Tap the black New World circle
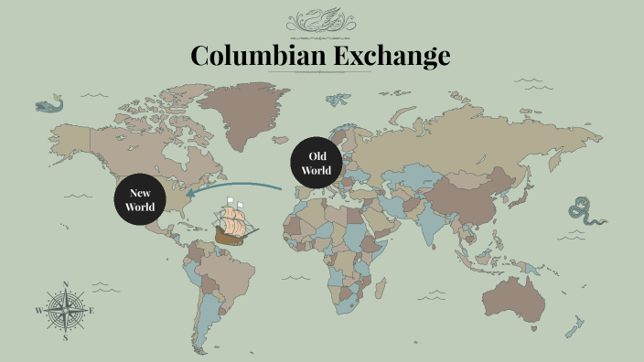[140, 199]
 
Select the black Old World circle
[317, 164]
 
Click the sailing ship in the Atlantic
[235, 222]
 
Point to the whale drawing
[51, 105]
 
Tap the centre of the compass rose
[65, 310]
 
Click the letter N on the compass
[65, 283]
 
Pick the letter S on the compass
[66, 337]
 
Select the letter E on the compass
[92, 310]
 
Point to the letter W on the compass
[38, 311]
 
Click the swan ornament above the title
[321, 20]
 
